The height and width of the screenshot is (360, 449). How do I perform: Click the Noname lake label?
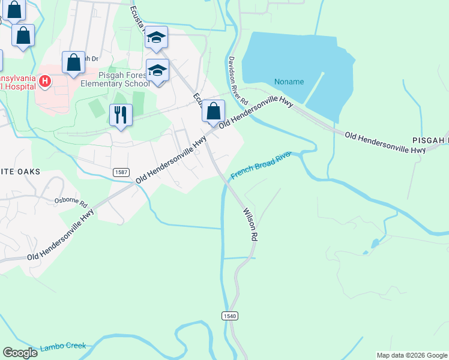(289, 82)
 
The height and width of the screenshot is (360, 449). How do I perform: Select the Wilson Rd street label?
(250, 224)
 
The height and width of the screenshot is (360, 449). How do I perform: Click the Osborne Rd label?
(71, 201)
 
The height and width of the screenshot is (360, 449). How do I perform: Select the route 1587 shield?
(120, 172)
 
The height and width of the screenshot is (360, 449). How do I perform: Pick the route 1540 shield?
(229, 316)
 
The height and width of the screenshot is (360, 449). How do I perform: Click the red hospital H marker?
(44, 80)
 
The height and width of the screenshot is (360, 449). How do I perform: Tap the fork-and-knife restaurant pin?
(121, 115)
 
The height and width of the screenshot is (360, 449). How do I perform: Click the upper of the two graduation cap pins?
(156, 38)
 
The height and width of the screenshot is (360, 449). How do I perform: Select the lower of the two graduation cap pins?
(157, 71)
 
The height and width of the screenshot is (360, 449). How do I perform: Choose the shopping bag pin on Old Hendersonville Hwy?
(213, 111)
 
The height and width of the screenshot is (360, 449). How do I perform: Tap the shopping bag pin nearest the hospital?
(73, 62)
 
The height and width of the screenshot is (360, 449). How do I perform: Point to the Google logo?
(20, 353)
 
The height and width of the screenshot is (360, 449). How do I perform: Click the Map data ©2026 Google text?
(412, 355)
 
